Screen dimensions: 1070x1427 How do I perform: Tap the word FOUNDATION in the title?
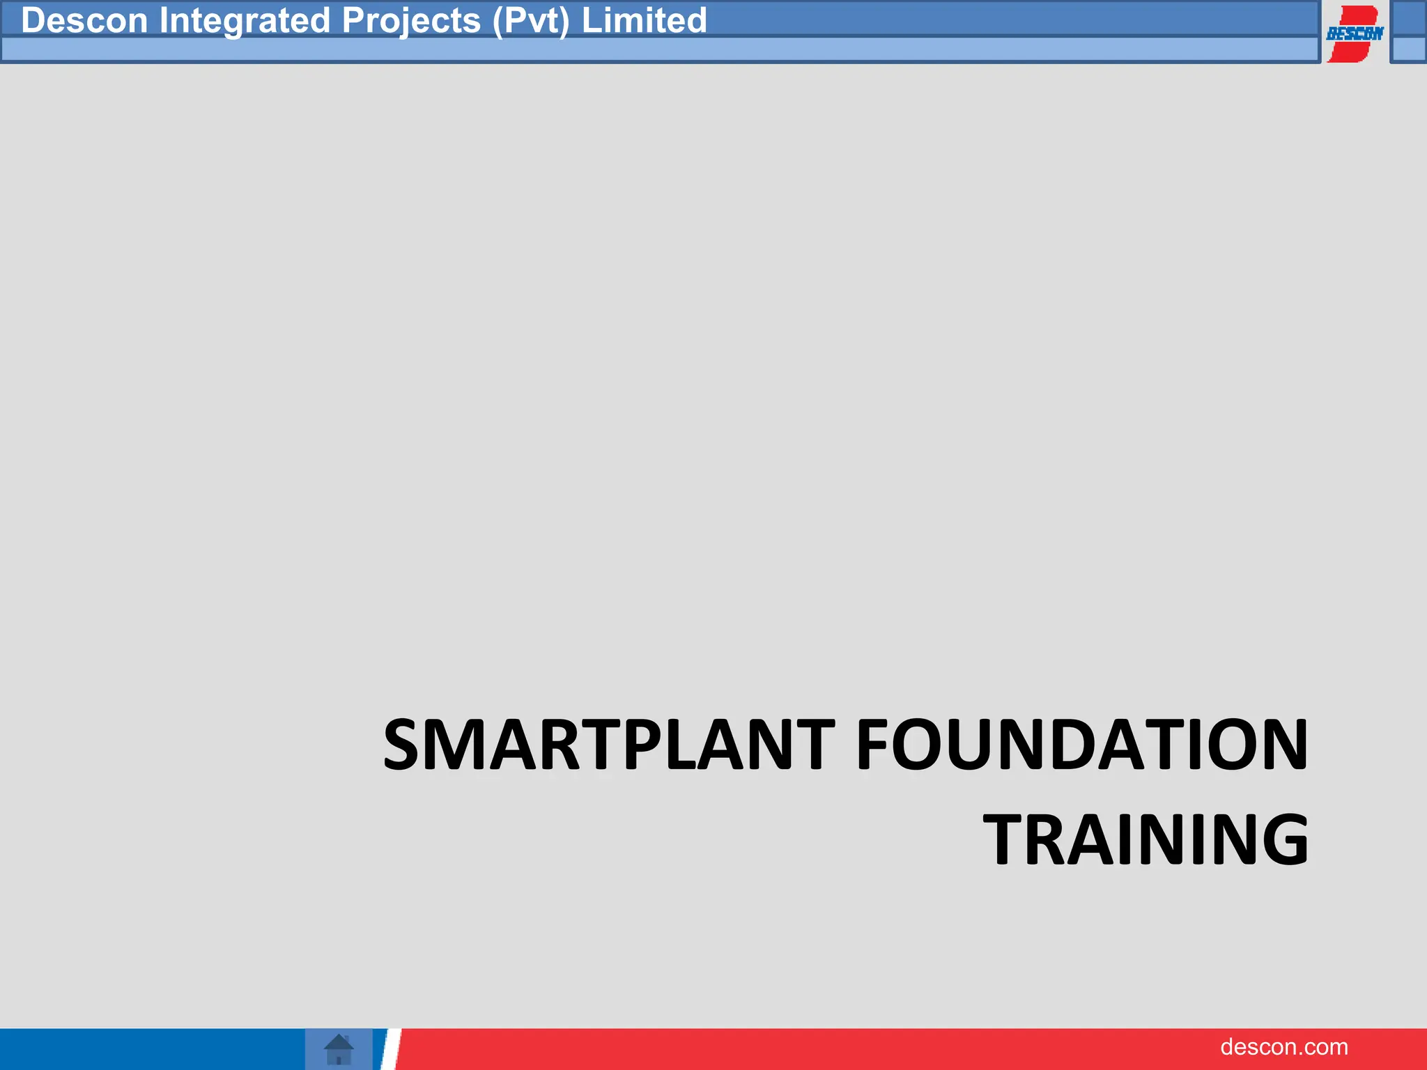[x=1081, y=745]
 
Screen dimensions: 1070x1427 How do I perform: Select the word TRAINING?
[x=1146, y=840]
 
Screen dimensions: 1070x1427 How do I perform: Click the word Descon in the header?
[x=84, y=20]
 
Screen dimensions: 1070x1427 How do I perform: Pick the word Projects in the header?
[x=411, y=20]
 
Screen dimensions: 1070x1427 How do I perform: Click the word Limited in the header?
[x=644, y=20]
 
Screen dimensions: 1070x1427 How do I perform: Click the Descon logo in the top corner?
[x=1354, y=33]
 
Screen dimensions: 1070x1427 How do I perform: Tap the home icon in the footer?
[x=339, y=1049]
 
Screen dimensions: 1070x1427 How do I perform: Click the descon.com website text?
[x=1283, y=1047]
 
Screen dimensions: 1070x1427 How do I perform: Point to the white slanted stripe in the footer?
[x=390, y=1049]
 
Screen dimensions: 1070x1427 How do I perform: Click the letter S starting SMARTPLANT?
[x=407, y=745]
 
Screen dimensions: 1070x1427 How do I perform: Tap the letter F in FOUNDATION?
[x=872, y=745]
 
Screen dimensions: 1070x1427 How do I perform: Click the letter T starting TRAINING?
[x=1008, y=840]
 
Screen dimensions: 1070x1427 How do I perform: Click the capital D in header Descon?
[x=33, y=20]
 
